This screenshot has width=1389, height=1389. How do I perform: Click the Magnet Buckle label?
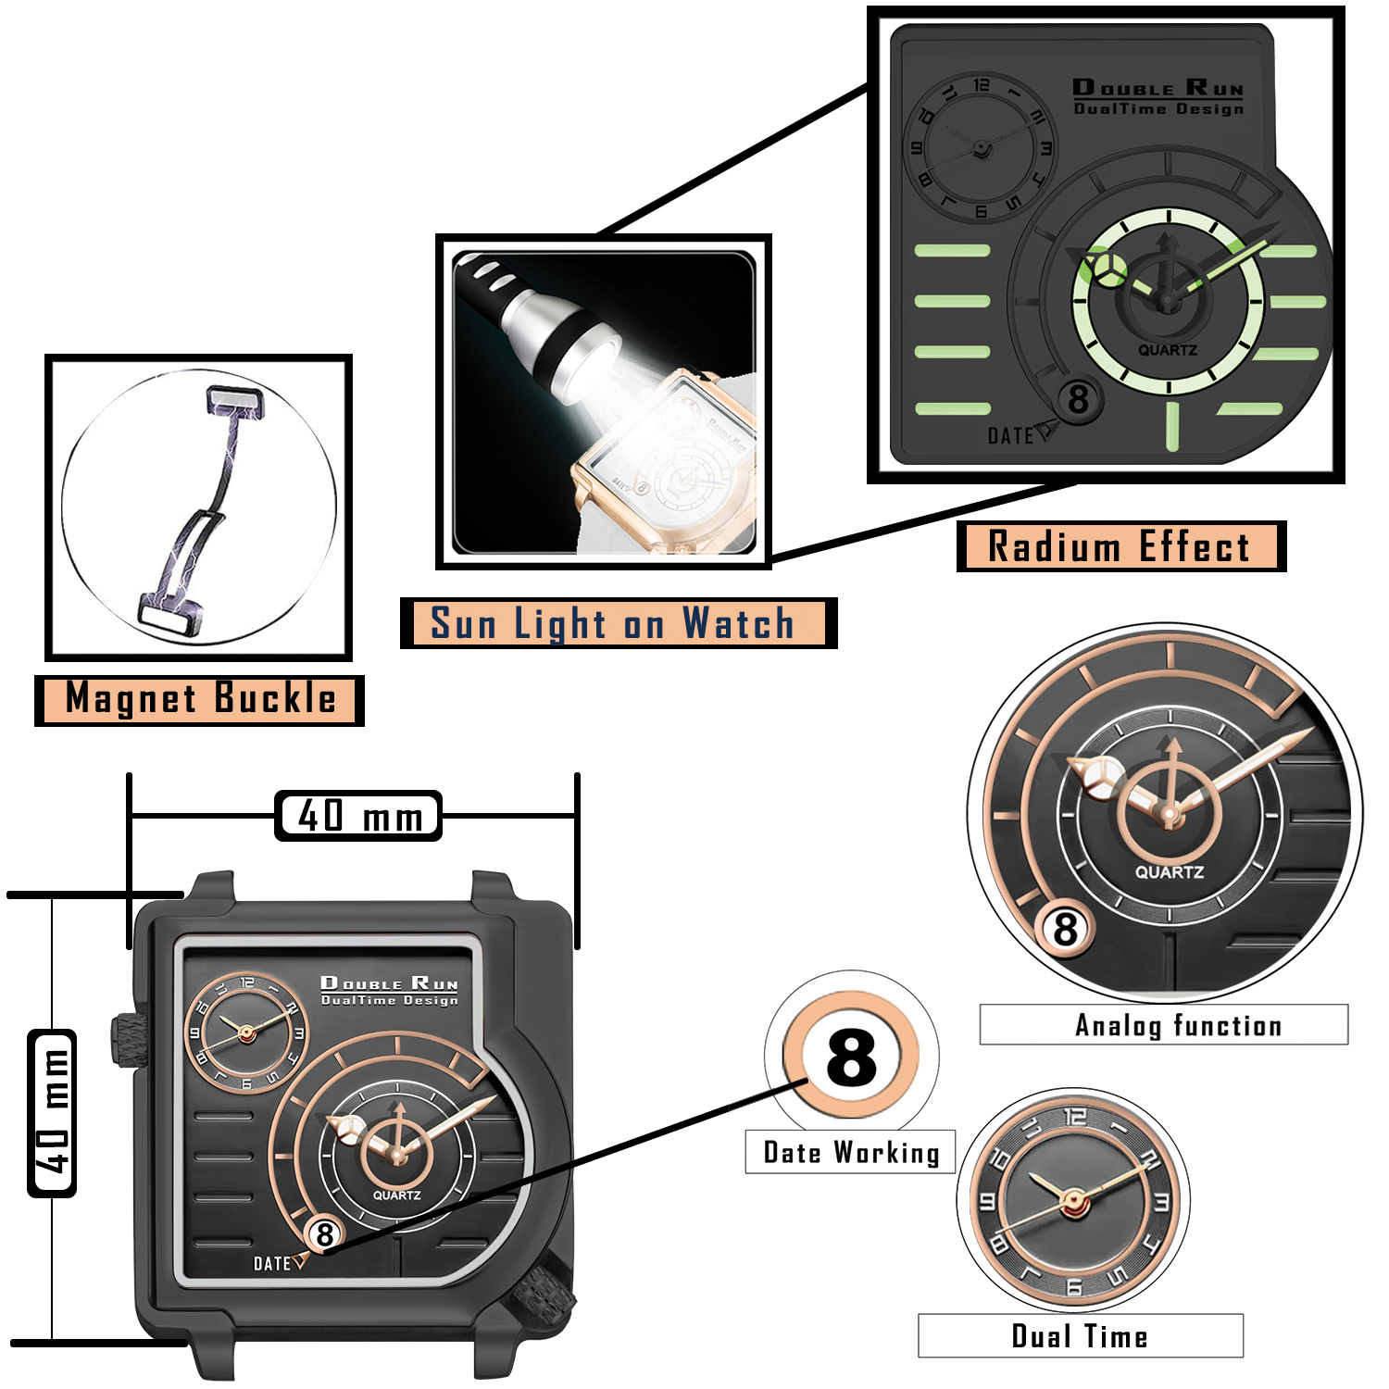pos(199,699)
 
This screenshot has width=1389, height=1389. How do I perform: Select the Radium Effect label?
pos(1120,546)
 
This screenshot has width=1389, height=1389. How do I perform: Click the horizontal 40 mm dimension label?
pos(358,816)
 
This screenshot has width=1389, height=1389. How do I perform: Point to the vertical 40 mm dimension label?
pos(53,1113)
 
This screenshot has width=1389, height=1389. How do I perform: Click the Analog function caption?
pos(1178,1025)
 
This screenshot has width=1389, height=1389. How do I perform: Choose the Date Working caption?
pos(851,1153)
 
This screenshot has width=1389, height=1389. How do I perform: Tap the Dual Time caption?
pos(1080,1336)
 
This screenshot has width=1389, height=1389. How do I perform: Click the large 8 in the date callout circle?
pos(851,1057)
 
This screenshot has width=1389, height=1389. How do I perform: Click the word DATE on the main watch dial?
pos(272,1264)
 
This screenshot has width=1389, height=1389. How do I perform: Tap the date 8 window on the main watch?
pos(324,1234)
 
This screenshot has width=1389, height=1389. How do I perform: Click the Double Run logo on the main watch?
pos(389,989)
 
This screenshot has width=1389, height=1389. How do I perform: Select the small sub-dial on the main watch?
pos(246,1032)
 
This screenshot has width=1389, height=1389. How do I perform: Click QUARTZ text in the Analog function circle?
pos(1170,872)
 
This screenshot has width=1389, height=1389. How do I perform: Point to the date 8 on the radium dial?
pos(1078,400)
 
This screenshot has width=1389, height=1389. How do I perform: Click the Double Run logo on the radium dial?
pos(1157,96)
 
